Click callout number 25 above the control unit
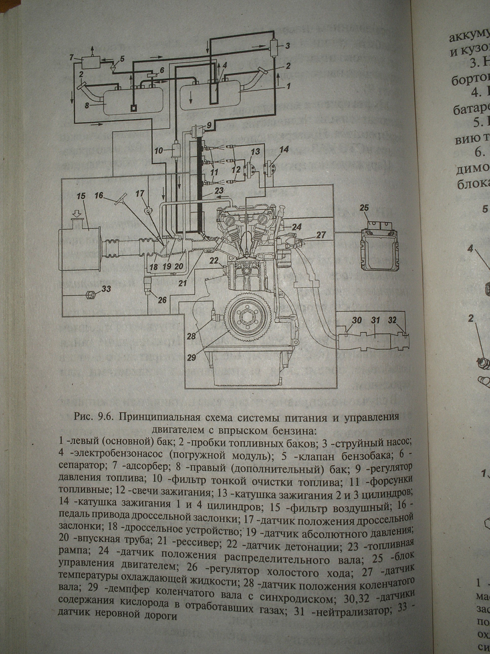(x=364, y=208)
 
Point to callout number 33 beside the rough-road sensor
(x=106, y=288)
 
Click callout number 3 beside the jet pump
(x=288, y=45)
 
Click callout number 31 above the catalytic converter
(x=375, y=320)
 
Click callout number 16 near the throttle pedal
(x=100, y=196)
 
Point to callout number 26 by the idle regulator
(x=162, y=300)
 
